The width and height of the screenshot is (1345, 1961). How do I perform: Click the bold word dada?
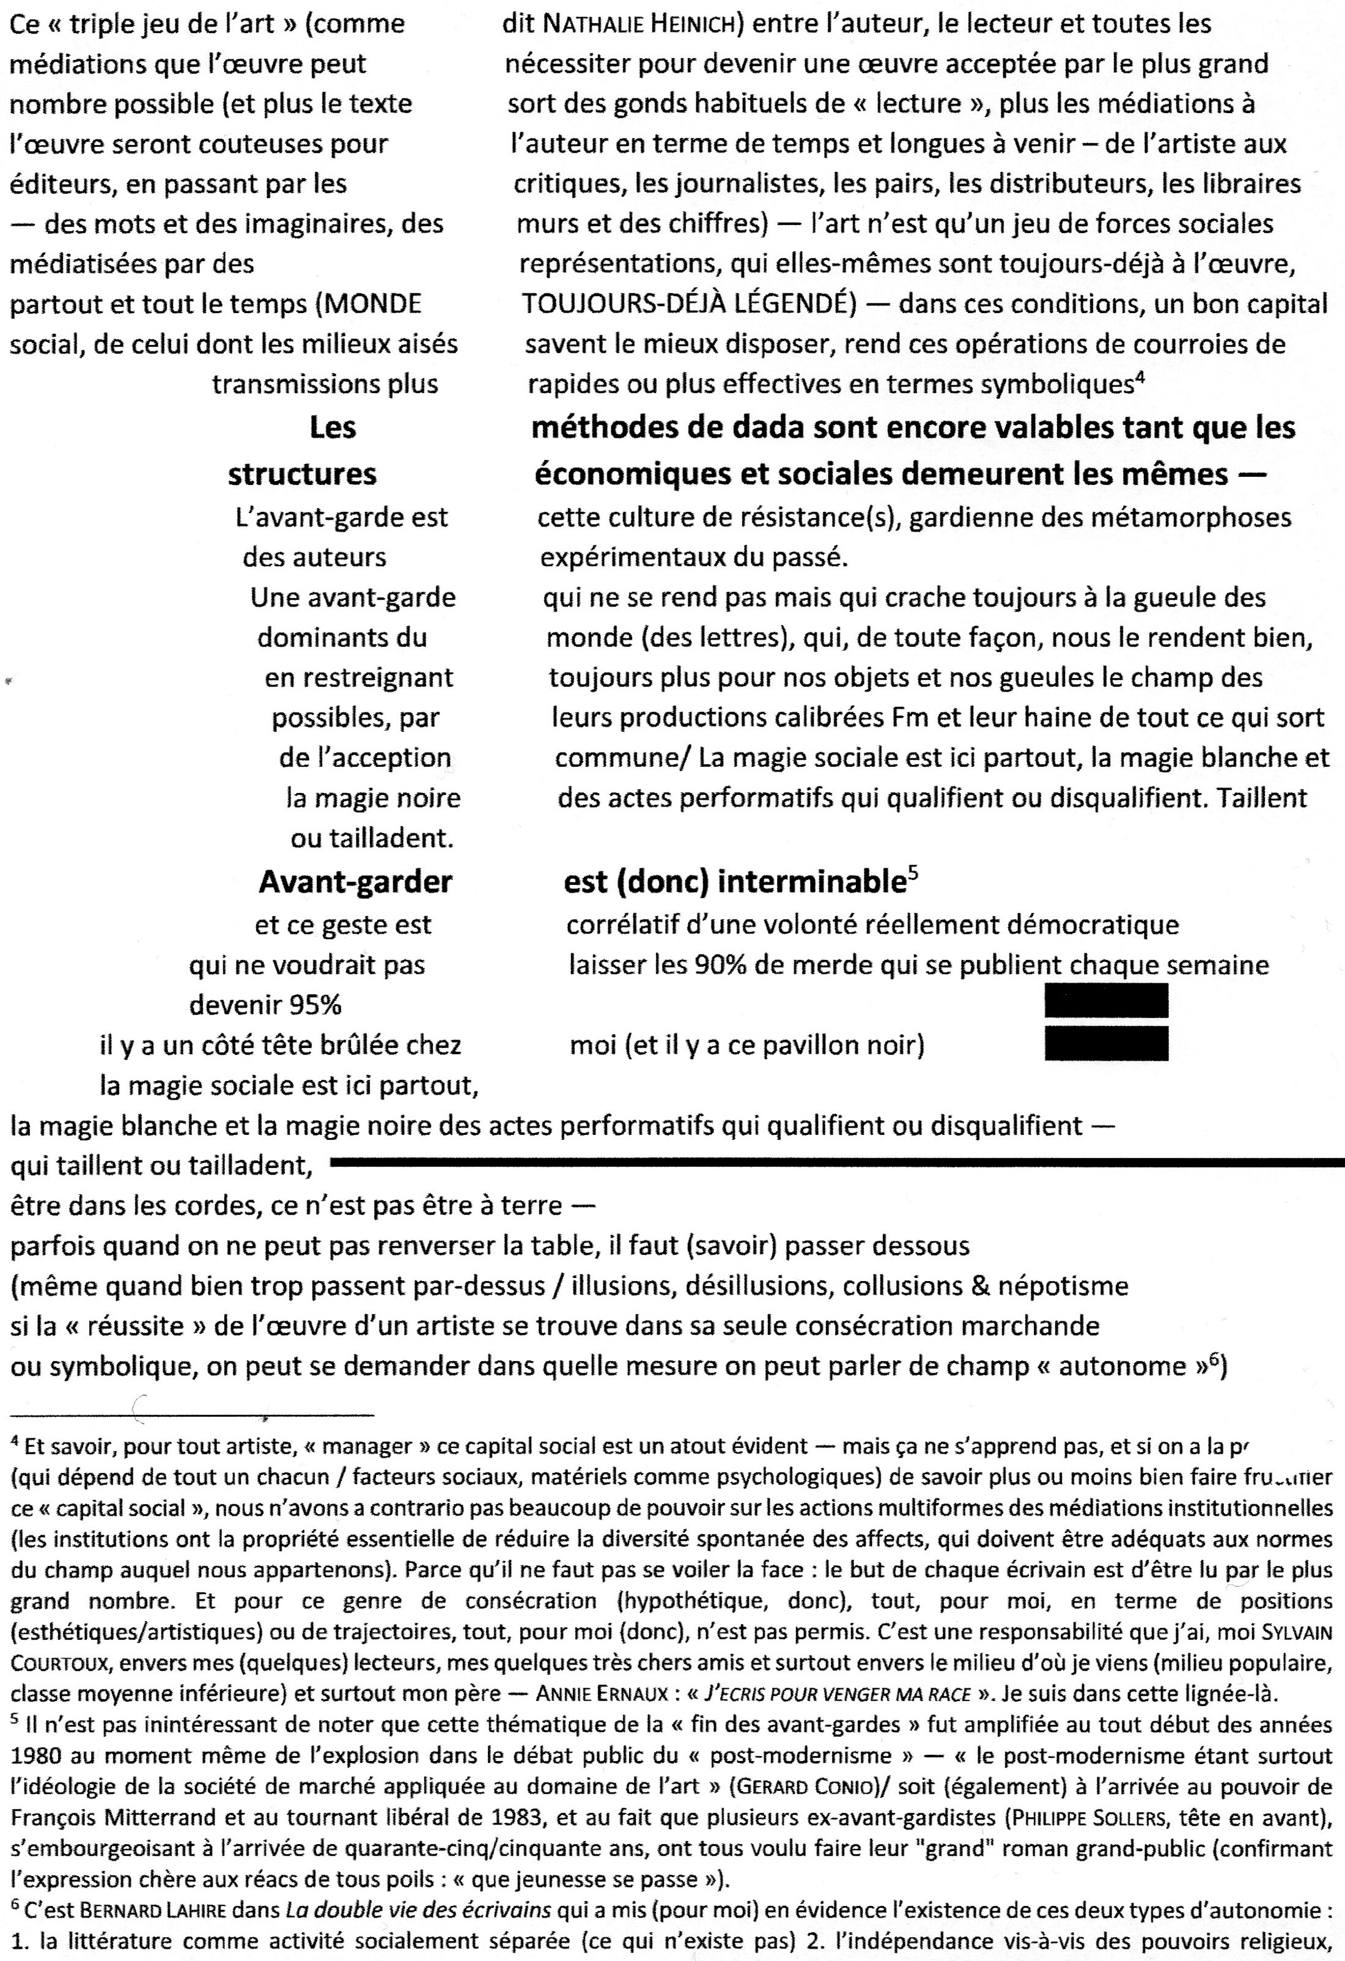764,428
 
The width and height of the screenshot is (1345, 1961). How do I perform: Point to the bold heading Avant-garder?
355,882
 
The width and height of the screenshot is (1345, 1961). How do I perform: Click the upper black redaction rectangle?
1106,1001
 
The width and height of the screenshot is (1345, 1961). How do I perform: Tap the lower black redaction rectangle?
1106,1043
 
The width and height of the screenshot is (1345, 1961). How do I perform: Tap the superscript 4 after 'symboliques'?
1139,377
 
